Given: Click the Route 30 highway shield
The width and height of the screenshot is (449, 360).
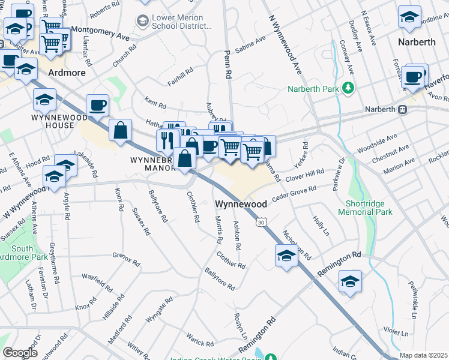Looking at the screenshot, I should pyautogui.click(x=260, y=223).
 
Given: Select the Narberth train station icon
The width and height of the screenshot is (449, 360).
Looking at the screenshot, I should pyautogui.click(x=403, y=109).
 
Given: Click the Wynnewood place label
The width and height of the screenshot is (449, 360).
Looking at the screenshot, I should pyautogui.click(x=241, y=204).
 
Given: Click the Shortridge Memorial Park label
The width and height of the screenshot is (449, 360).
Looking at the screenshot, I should pyautogui.click(x=364, y=208).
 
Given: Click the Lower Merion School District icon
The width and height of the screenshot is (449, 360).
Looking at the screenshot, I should pyautogui.click(x=143, y=22).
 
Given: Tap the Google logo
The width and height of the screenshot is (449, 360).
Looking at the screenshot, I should pyautogui.click(x=20, y=353).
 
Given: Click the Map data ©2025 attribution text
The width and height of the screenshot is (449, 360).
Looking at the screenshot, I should pyautogui.click(x=424, y=355).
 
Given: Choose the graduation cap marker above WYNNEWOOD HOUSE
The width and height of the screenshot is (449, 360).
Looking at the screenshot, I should pyautogui.click(x=44, y=99).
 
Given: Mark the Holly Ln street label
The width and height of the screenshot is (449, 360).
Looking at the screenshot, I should pyautogui.click(x=322, y=226).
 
